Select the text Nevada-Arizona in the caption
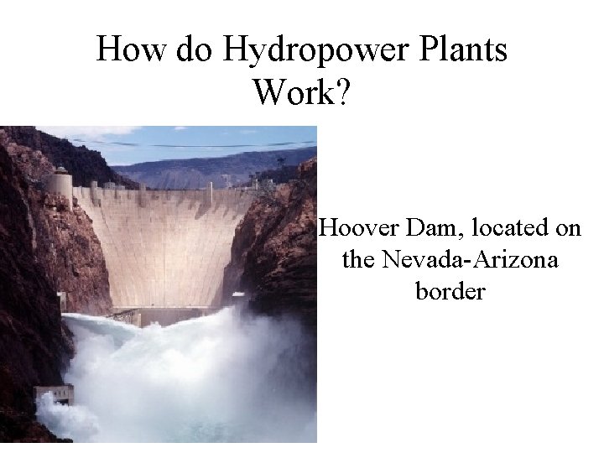(470, 260)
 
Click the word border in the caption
(450, 292)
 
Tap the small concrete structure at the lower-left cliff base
(55, 393)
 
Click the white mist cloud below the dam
(185, 377)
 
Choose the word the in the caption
(358, 260)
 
